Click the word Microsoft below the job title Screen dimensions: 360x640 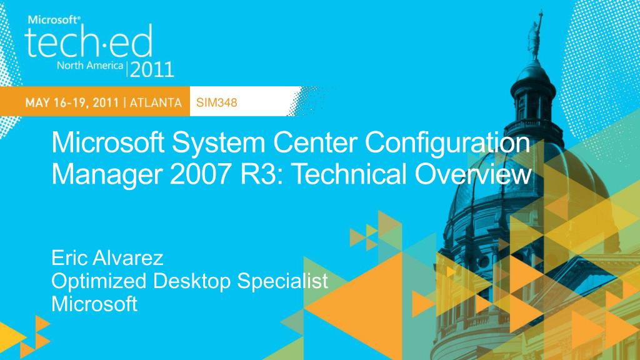pos(94,304)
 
